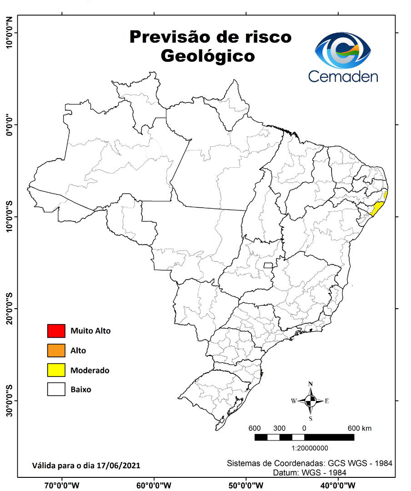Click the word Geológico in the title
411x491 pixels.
208,55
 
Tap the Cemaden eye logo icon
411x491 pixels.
343,50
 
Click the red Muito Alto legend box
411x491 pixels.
56,331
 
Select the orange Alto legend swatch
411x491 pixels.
56,351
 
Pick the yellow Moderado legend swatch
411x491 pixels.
56,370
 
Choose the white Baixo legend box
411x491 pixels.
56,390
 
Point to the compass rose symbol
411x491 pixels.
311,401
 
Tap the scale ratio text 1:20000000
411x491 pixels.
304,448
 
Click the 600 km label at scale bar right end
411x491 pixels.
360,428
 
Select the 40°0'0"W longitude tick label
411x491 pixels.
337,485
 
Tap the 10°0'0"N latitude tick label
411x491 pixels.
10,33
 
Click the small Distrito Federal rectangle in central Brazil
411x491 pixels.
268,265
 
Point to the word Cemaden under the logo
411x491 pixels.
343,76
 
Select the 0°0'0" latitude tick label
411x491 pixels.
10,124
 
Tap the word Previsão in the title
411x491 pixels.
168,37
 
